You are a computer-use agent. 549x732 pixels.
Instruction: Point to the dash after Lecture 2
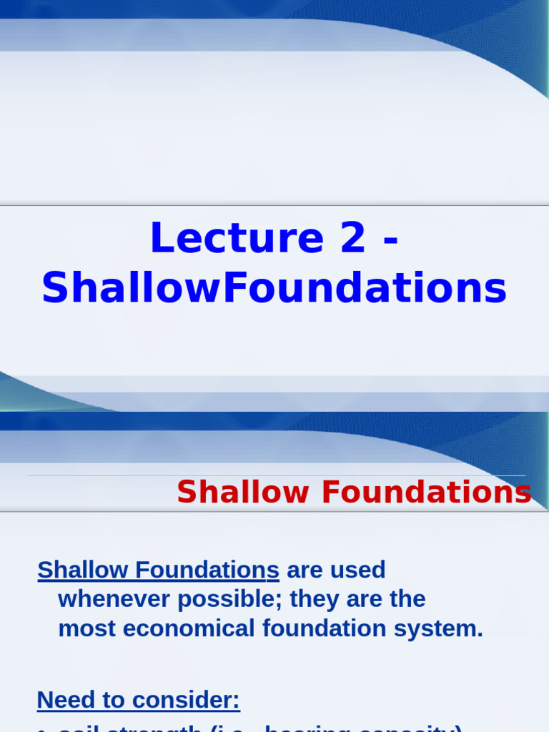pos(390,242)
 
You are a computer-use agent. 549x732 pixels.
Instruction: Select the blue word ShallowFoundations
pos(274,289)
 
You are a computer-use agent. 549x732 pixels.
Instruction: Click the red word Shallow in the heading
pos(242,493)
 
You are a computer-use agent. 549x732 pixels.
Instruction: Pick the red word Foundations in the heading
pos(427,493)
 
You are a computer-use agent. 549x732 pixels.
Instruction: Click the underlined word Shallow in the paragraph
pos(83,570)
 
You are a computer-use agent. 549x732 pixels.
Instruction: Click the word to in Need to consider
pos(111,700)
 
